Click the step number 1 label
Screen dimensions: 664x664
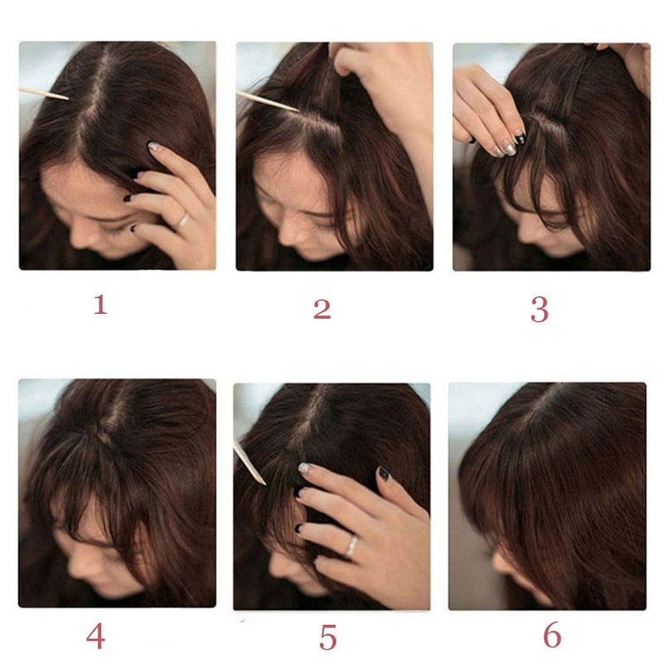pyautogui.click(x=100, y=304)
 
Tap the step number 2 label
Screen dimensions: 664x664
pyautogui.click(x=322, y=309)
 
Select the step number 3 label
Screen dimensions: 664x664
pyautogui.click(x=539, y=310)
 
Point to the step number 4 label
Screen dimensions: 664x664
pyautogui.click(x=95, y=636)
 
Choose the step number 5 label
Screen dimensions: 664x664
pyautogui.click(x=328, y=637)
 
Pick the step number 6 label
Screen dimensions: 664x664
pyautogui.click(x=552, y=634)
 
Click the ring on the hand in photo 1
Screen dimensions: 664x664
pyautogui.click(x=183, y=221)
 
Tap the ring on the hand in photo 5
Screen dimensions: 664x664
pyautogui.click(x=351, y=546)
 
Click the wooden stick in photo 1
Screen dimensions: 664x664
pyautogui.click(x=44, y=94)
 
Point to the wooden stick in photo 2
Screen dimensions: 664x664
pyautogui.click(x=267, y=101)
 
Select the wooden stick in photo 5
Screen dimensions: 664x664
pyautogui.click(x=250, y=463)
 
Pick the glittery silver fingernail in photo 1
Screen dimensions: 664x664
pyautogui.click(x=154, y=147)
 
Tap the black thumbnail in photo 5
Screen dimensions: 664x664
pyautogui.click(x=383, y=473)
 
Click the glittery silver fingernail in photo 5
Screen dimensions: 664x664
pyautogui.click(x=305, y=467)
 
